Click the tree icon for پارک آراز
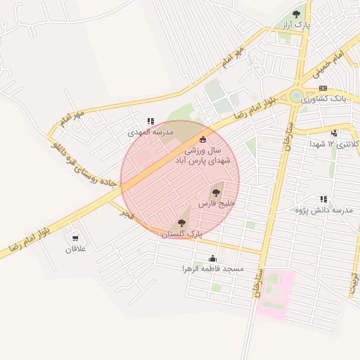296,13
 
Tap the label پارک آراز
296,25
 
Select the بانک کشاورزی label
323,99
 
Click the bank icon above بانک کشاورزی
323,88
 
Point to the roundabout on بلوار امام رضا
297,95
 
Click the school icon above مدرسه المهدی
150,120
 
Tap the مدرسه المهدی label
150,131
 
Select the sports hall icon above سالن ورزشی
204,139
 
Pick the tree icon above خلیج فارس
215,192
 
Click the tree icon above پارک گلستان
182,222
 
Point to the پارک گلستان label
182,233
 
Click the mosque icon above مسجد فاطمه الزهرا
213,258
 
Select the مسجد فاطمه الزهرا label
213,269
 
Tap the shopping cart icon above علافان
75,238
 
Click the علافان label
75,249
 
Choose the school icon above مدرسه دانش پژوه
323,200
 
